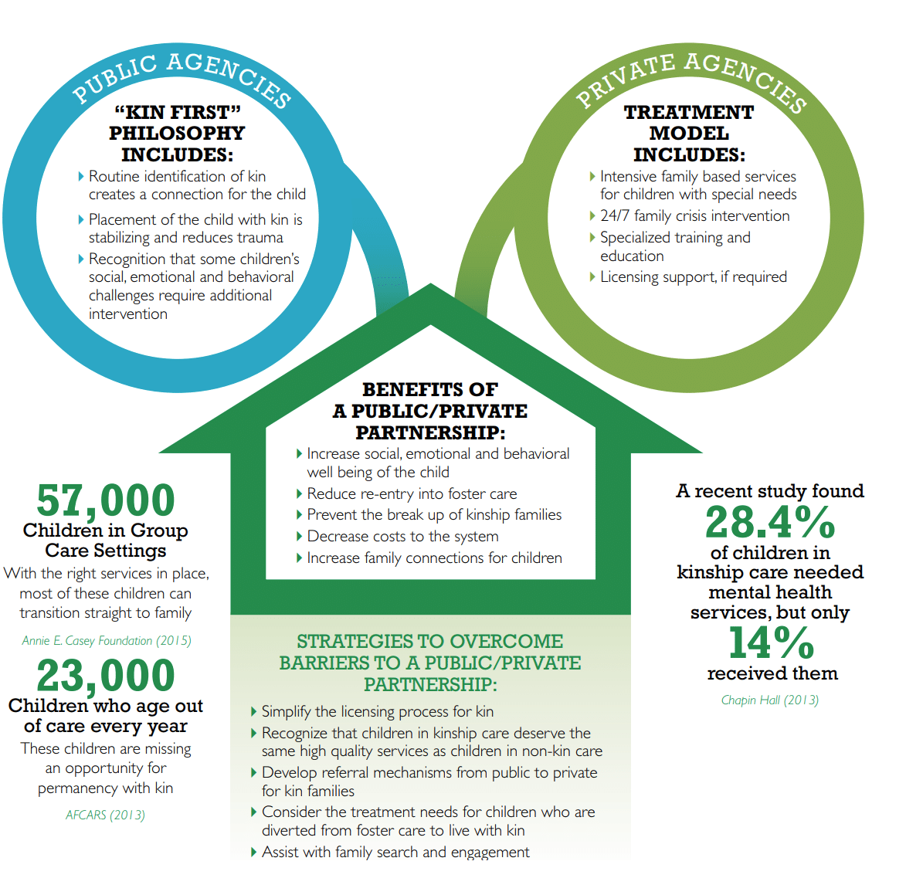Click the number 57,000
pyautogui.click(x=106, y=500)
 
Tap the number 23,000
pyautogui.click(x=106, y=676)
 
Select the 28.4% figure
pyautogui.click(x=770, y=522)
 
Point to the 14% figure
pyautogui.click(x=772, y=642)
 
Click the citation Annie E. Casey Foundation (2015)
pyautogui.click(x=107, y=640)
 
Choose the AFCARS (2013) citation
pyautogui.click(x=105, y=815)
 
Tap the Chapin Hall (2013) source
pyautogui.click(x=770, y=700)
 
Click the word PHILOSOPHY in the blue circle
pyautogui.click(x=177, y=134)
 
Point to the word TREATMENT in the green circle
pyautogui.click(x=689, y=112)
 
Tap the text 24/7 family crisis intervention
pyautogui.click(x=694, y=216)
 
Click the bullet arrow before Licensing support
pyautogui.click(x=592, y=276)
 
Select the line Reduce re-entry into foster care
pyautogui.click(x=412, y=493)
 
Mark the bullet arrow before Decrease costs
pyautogui.click(x=300, y=536)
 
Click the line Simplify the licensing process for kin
pyautogui.click(x=378, y=711)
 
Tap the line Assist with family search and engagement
pyautogui.click(x=395, y=852)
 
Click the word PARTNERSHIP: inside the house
pyautogui.click(x=430, y=432)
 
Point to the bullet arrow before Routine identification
pyautogui.click(x=81, y=176)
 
